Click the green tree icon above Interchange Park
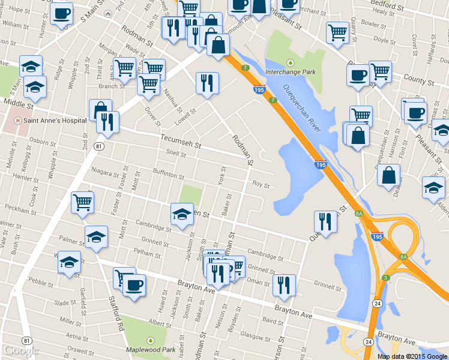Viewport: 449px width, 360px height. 291,62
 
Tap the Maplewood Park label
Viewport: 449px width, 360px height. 150,349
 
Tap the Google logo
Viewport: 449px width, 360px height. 21,350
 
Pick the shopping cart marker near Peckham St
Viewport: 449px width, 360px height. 82,202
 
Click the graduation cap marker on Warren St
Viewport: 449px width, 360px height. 181,214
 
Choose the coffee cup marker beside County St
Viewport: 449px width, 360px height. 358,76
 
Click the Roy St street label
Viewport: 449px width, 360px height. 261,185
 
